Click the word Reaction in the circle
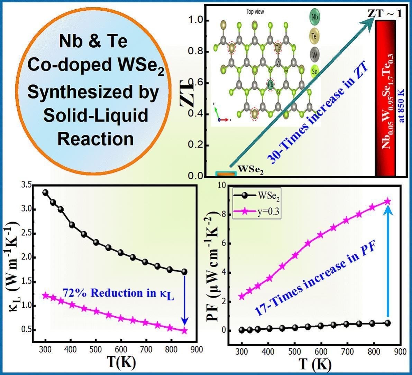pos(95,139)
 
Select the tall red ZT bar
pos(385,97)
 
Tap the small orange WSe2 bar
pos(225,174)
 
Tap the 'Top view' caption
pos(255,12)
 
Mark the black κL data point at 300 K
pos(45,193)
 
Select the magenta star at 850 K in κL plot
pos(184,331)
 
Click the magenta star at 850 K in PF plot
pos(387,201)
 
